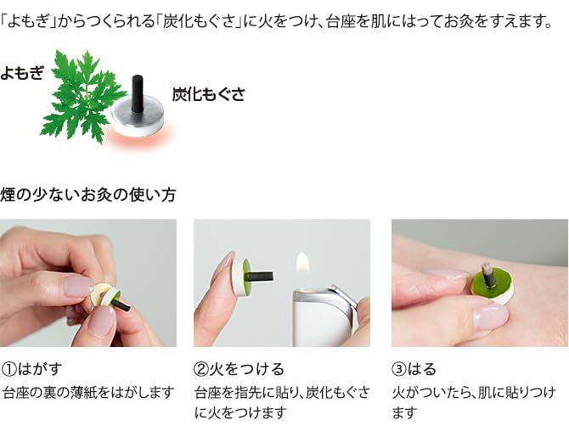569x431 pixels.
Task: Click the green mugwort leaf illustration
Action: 82,96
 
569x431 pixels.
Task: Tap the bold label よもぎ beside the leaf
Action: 22,73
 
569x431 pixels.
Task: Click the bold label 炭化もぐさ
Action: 208,94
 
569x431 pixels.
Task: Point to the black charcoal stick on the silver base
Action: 137,93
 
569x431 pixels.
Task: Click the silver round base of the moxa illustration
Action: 138,117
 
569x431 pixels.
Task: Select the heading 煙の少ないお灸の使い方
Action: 88,194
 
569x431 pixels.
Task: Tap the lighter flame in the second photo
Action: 302,263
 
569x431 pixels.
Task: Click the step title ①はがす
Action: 31,369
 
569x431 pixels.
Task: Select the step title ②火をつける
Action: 239,369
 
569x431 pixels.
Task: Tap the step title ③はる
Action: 414,369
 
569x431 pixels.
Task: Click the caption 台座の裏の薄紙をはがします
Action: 88,392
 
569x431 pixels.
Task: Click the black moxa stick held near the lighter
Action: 259,277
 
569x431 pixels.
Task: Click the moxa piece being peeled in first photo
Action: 109,297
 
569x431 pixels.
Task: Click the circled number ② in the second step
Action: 201,369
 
